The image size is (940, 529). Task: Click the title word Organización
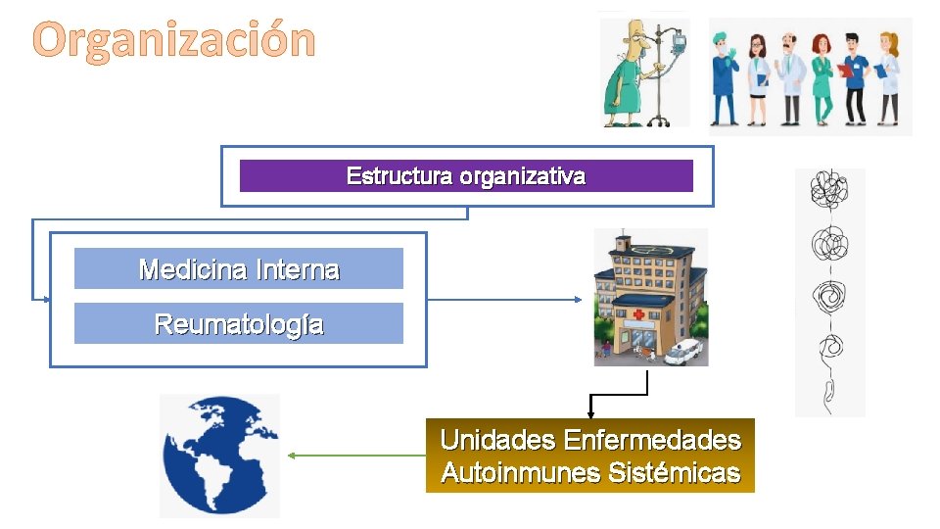175,41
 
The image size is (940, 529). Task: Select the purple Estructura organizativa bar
466,176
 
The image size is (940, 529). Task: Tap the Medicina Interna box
239,268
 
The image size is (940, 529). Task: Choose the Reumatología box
239,323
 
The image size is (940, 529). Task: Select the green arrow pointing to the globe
352,455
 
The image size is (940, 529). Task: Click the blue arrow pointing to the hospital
509,298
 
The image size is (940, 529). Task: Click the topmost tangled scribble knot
830,191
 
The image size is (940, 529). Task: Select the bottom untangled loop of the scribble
828,392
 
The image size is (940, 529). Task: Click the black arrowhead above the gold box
590,415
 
